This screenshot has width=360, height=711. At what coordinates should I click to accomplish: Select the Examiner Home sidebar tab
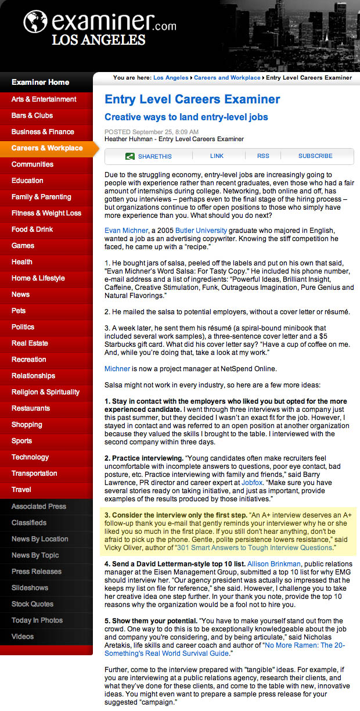coord(40,82)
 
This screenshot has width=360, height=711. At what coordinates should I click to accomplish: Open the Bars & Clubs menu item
coord(32,116)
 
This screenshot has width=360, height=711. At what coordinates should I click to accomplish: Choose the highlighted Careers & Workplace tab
coord(47,148)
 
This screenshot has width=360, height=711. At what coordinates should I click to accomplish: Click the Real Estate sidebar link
coord(31,343)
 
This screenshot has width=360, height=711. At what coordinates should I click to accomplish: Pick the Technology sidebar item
coord(30,457)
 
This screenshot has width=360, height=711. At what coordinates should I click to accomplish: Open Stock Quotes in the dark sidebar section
coord(33,604)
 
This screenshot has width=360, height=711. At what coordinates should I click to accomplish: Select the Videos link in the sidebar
coord(23,637)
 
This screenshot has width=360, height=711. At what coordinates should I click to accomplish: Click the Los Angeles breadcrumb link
coord(171,78)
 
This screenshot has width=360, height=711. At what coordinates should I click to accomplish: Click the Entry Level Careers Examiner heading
coord(192,99)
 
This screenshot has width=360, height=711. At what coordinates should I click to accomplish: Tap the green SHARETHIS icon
coord(130,156)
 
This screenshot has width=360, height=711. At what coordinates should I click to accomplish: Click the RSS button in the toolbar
coord(263,156)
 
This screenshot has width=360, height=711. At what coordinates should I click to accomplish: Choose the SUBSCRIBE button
coord(315,156)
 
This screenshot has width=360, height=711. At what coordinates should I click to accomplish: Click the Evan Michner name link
coord(127,231)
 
